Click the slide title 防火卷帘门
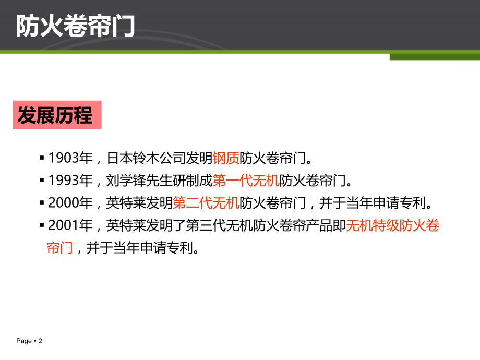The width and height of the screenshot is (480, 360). click(x=75, y=26)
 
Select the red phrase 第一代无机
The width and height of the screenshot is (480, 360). click(x=246, y=181)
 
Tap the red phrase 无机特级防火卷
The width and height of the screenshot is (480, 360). click(x=393, y=225)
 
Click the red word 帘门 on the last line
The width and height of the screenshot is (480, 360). click(x=59, y=248)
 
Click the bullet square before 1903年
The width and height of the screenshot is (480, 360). click(x=42, y=158)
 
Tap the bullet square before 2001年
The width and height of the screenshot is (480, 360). click(x=42, y=225)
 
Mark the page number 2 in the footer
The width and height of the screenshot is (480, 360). click(x=40, y=341)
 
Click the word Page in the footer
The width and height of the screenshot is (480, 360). click(x=23, y=341)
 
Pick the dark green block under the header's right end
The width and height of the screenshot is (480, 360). click(x=434, y=56)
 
